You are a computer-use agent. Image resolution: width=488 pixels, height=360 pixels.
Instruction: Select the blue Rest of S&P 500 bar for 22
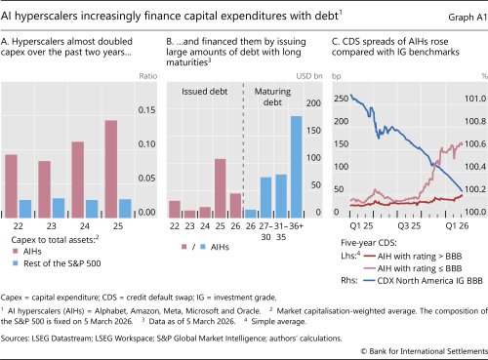tap(26, 207)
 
